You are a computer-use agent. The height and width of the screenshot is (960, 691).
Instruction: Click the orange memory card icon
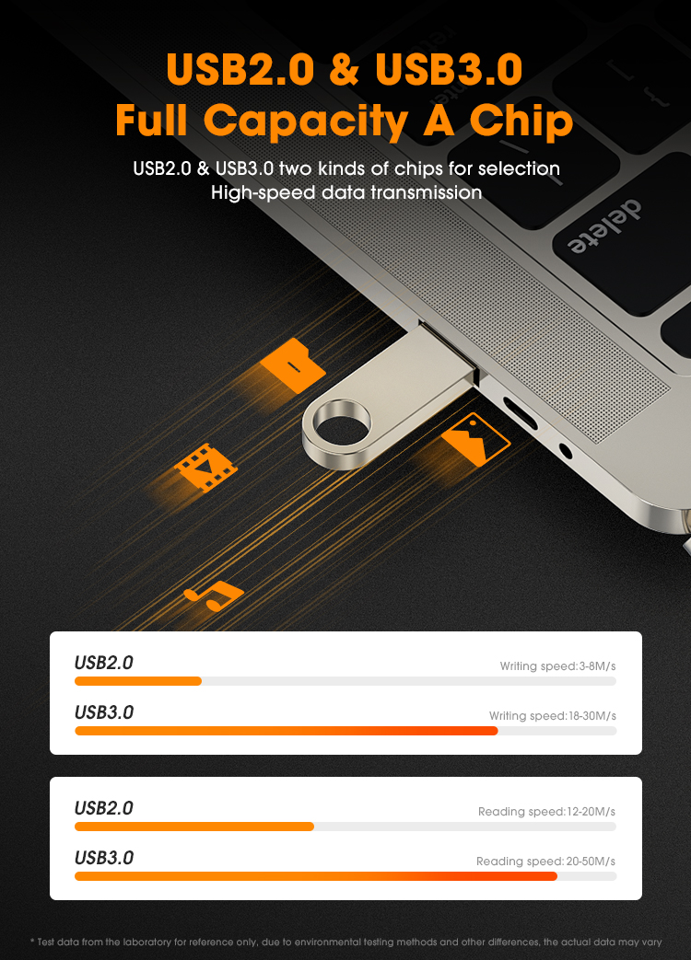click(293, 365)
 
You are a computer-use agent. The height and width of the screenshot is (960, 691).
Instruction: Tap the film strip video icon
click(205, 468)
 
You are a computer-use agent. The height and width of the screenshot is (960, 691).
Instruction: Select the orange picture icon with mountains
click(476, 439)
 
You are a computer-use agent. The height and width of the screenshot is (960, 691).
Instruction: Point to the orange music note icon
click(214, 596)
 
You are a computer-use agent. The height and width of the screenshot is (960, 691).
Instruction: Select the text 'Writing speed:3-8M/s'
click(557, 666)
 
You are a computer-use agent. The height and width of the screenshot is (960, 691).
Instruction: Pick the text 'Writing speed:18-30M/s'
click(553, 716)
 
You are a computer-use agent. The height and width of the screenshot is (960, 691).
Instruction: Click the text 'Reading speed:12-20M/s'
click(546, 811)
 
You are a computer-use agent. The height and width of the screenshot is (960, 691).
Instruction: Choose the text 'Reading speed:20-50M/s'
click(545, 861)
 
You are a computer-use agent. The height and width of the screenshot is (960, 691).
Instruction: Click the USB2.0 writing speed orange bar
click(138, 681)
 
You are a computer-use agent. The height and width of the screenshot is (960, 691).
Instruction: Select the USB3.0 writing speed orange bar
click(287, 731)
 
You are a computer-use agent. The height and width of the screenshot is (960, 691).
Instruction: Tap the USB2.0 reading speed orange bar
click(194, 827)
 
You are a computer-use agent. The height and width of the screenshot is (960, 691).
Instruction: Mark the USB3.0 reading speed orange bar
click(316, 876)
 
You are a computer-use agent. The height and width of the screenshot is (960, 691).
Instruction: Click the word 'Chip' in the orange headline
click(521, 121)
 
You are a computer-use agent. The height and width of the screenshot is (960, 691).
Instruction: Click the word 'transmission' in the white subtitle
click(426, 193)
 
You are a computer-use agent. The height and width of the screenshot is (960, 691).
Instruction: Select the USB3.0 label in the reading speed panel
click(103, 858)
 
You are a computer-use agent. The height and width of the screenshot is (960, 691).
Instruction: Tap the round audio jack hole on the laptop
click(566, 451)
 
